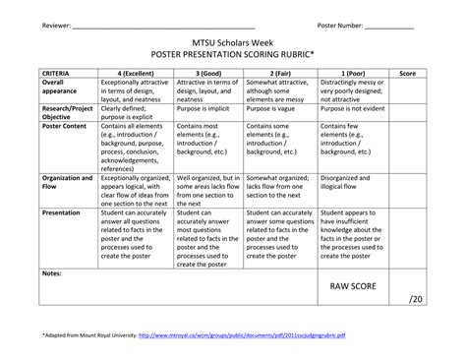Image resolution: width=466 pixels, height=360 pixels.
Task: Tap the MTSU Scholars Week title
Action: coord(232,44)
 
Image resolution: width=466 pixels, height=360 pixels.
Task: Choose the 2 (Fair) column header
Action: coord(267,74)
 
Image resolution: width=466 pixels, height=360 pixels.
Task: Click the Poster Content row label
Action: coord(66,127)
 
